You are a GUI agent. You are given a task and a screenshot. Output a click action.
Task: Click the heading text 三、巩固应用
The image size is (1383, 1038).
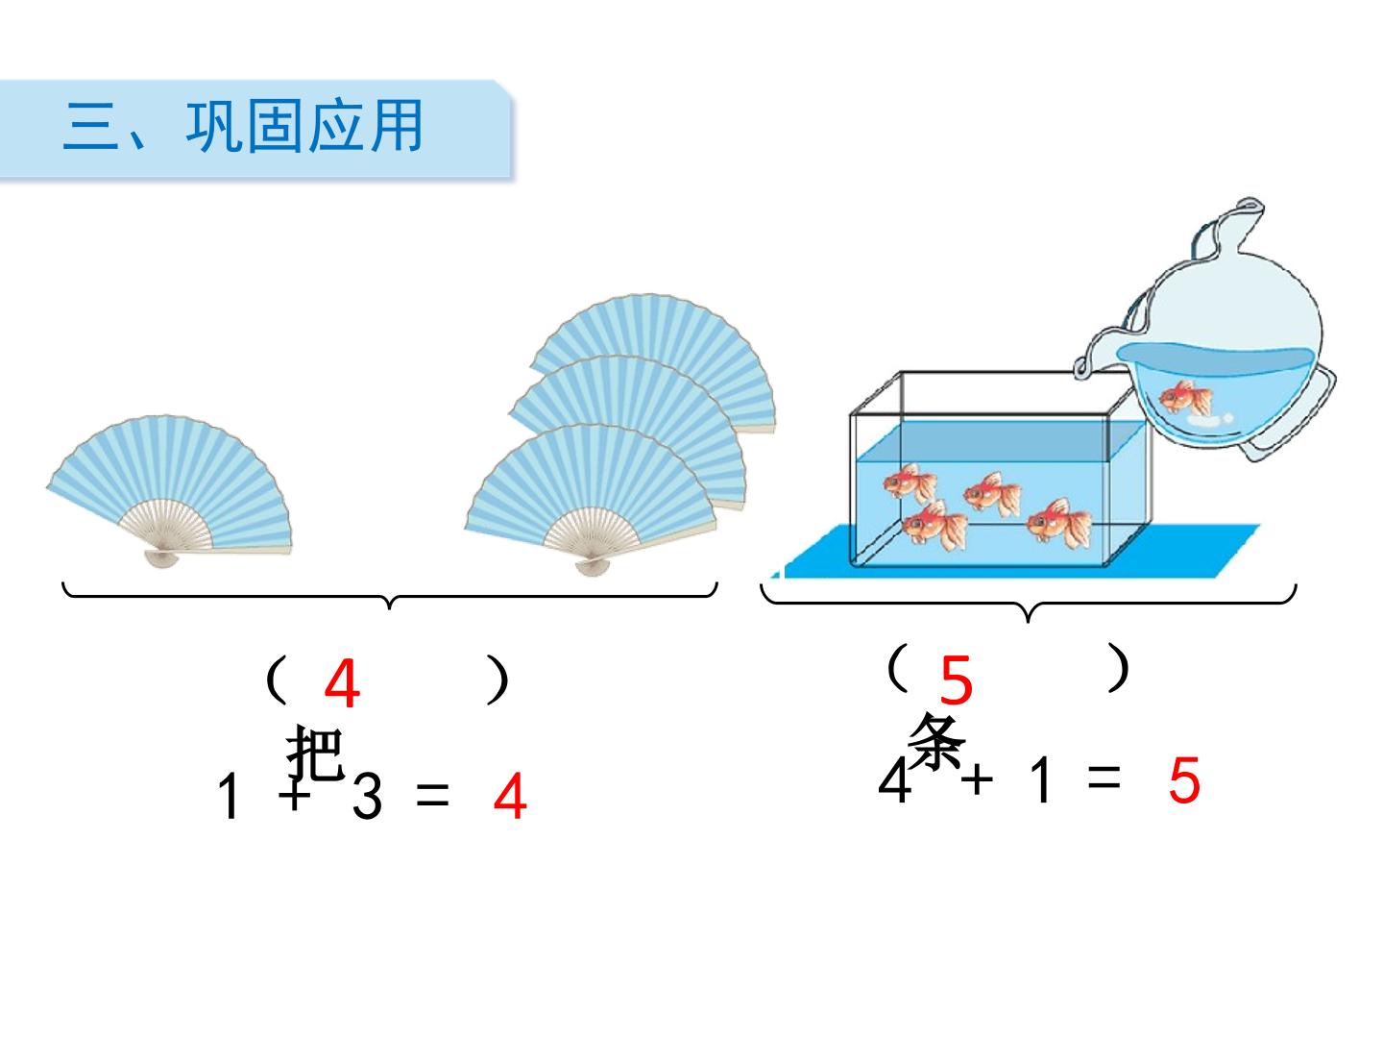[x=242, y=126]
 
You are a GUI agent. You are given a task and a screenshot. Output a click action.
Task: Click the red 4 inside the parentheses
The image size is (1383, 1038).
[x=342, y=683]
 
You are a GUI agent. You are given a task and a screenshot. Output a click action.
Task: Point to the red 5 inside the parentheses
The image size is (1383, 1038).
[x=956, y=680]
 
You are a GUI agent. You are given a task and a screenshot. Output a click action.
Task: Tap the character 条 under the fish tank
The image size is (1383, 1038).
[x=937, y=741]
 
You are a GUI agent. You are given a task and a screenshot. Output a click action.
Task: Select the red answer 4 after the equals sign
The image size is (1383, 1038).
[x=510, y=796]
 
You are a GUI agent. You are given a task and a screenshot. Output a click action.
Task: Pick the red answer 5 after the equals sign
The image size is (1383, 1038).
[x=1184, y=780]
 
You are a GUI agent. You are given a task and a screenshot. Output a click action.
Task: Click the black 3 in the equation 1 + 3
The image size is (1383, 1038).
[x=367, y=796]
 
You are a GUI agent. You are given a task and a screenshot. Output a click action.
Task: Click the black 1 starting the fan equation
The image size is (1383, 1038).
[x=229, y=796]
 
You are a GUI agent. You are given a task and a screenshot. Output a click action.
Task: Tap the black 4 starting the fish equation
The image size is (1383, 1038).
[x=895, y=780]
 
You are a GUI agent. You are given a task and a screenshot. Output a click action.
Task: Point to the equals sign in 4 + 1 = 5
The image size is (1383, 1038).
[x=1104, y=778]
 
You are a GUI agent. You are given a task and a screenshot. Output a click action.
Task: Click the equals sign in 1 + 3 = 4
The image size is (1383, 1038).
[x=433, y=796]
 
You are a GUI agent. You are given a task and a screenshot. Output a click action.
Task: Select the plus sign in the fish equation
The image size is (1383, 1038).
[x=977, y=780]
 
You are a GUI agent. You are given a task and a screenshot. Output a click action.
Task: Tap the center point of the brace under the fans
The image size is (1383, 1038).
[x=390, y=605]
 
